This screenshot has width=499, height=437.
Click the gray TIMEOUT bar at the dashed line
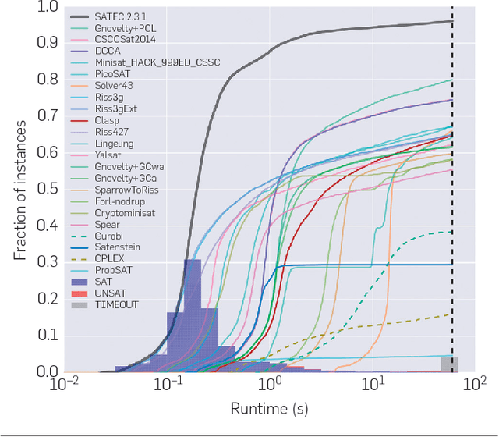pyautogui.click(x=449, y=364)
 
